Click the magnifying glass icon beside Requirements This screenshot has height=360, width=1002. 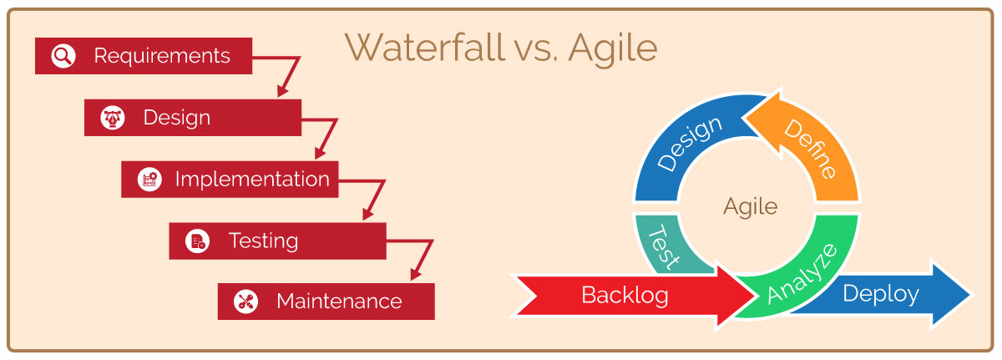63,56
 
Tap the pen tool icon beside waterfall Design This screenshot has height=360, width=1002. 112,118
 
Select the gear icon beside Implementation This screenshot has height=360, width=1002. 149,180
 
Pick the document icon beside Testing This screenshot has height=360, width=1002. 197,241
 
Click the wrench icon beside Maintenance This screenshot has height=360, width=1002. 245,302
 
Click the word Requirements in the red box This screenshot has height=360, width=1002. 162,56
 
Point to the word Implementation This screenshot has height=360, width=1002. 252,180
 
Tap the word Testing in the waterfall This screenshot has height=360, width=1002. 264,241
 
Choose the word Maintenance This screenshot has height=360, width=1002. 339,302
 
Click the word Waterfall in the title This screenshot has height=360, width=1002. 424,48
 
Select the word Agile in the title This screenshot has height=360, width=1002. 613,50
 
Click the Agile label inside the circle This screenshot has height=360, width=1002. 750,207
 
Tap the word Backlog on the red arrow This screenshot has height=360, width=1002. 625,296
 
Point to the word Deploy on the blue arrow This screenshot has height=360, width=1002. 881,294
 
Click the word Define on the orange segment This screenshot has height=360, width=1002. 811,149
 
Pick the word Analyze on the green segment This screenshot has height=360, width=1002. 802,274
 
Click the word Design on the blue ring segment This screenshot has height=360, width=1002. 690,143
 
